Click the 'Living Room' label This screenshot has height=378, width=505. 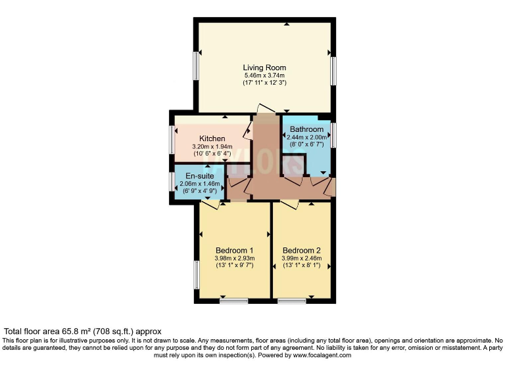264,68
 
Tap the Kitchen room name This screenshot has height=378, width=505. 213,138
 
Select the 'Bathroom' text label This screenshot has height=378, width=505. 306,129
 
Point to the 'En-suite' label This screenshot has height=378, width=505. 198,177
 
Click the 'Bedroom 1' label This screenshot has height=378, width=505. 235,250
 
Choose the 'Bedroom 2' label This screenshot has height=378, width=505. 302,250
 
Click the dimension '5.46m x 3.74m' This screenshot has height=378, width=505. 264,76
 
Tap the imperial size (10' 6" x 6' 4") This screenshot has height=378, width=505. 213,154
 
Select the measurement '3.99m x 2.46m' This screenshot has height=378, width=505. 302,258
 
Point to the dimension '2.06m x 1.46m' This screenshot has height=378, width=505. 198,185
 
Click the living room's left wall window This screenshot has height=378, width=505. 195,66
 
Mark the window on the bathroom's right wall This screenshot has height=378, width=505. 333,135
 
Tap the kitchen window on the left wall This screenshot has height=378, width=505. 172,139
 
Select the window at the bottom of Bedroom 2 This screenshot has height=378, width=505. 291,301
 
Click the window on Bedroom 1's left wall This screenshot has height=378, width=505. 196,274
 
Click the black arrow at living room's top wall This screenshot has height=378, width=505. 287,24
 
